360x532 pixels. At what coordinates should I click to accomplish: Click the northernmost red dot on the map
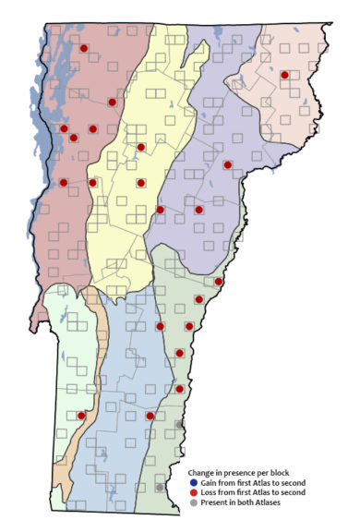[x=83, y=47]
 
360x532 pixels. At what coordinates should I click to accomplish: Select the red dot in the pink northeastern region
[x=284, y=74]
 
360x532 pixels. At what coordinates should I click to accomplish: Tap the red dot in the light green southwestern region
[x=81, y=416]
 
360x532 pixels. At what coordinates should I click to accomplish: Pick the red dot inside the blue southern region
[x=150, y=416]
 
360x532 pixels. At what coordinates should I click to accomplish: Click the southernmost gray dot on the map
[x=160, y=487]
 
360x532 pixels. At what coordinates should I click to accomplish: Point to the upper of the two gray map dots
[x=180, y=424]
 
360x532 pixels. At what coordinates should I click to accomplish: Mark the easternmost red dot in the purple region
[x=227, y=164]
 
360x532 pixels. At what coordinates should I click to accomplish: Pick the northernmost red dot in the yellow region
[x=140, y=147]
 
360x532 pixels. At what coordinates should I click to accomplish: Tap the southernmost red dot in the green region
[x=180, y=389]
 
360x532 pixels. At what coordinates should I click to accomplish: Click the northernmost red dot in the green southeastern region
[x=219, y=281]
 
